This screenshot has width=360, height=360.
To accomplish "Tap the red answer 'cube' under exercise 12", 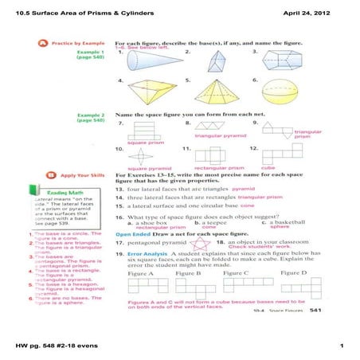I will coord(269,168).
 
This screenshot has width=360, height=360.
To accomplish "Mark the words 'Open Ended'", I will coord(132,234).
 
